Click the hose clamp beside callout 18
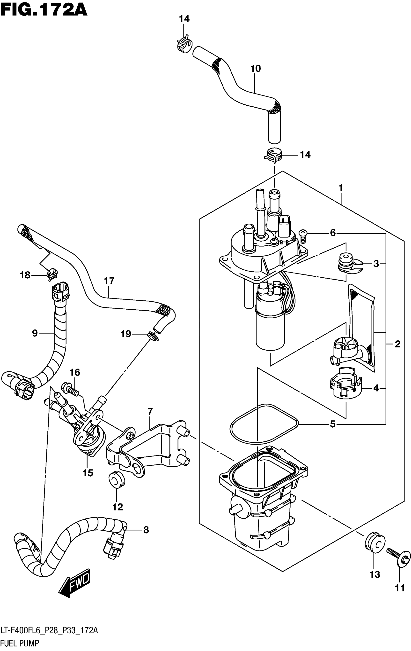pos(53,274)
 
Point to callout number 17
pos(109,281)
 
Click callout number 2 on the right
pos(397,344)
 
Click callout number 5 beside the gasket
pos(332,424)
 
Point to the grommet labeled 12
pos(117,479)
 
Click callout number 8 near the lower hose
pos(146,530)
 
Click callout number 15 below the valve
pos(88,473)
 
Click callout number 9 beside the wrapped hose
pos(35,333)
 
